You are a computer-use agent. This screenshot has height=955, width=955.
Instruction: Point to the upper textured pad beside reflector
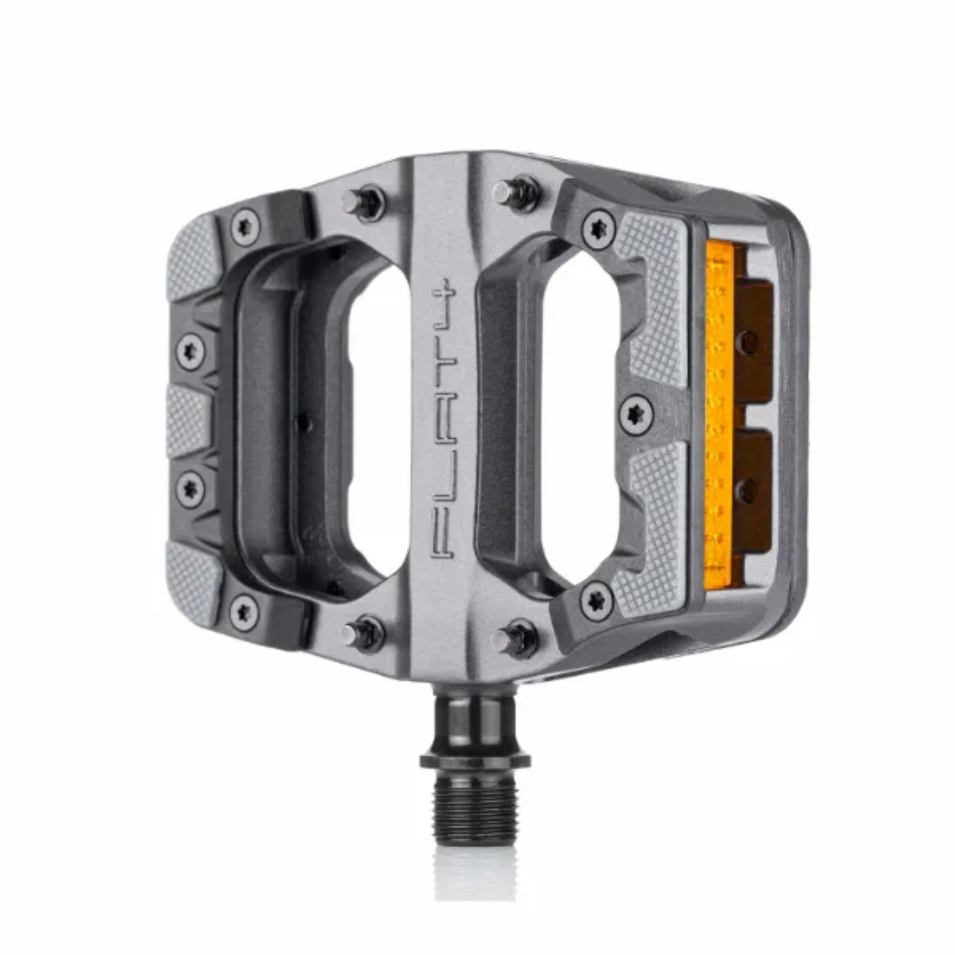pos(655,291)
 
